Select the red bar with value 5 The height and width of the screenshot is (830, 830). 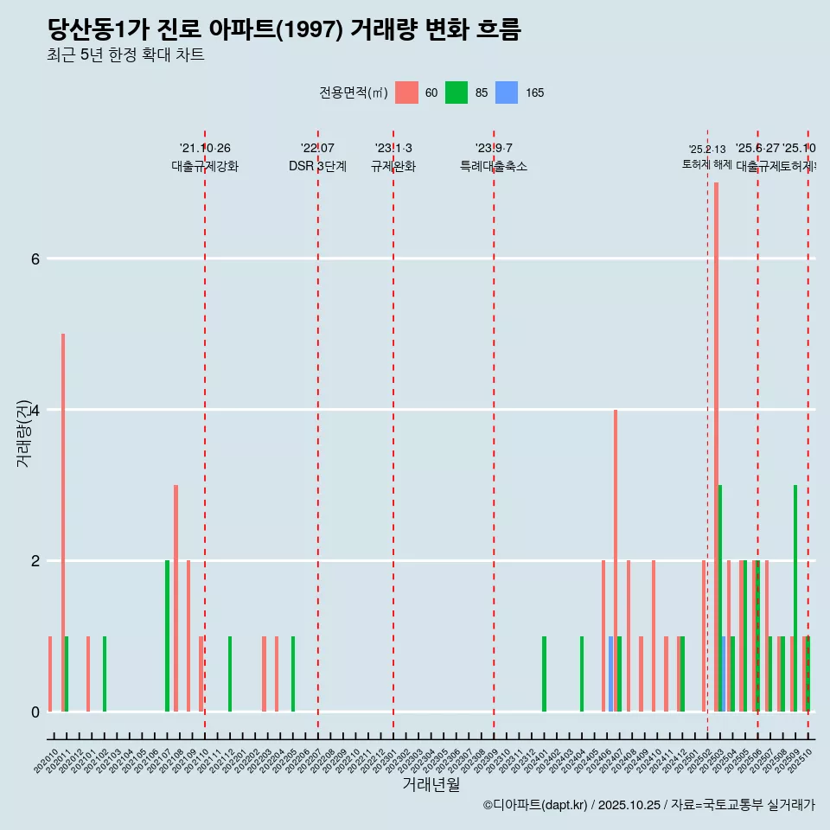63,519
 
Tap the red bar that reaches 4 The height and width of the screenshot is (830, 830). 616,562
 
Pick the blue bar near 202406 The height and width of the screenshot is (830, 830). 610,674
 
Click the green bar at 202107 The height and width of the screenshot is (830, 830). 167,635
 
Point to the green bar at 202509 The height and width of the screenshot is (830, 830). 795,597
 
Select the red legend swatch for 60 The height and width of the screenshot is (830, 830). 406,93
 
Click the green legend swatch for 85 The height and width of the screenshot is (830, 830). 456,93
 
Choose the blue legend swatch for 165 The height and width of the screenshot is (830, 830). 507,93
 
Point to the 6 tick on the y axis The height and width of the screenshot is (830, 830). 35,259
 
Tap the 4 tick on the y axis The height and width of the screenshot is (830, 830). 35,410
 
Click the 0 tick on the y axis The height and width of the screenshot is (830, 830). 35,712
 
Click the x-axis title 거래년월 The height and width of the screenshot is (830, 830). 431,784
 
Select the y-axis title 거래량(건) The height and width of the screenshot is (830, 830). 23,432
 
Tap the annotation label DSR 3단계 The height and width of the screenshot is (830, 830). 317,166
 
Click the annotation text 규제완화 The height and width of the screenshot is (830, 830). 393,166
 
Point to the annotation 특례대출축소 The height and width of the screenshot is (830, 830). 493,166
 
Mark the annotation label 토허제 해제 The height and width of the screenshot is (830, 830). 706,164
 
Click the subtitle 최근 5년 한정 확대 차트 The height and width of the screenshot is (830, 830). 125,55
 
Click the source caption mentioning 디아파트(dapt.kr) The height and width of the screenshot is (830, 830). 648,805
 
